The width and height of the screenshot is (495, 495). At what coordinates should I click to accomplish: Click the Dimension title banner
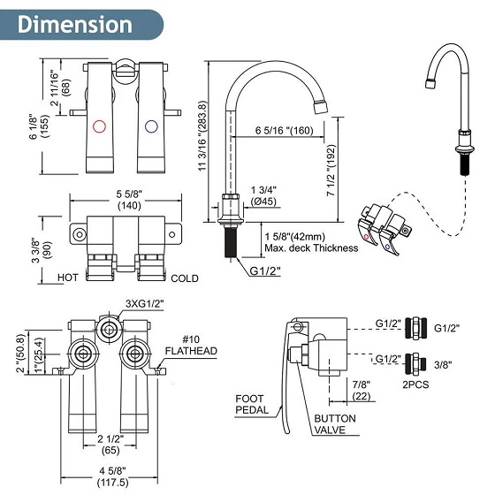point(81,25)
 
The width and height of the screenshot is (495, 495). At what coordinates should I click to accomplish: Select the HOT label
point(67,278)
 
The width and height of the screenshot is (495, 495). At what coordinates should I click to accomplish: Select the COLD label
point(185,278)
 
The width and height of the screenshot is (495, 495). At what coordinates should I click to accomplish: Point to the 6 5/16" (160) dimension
point(284,131)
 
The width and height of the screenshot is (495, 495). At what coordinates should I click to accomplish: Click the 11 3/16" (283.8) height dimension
point(202,136)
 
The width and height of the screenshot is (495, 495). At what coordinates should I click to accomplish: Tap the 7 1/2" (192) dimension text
point(331,171)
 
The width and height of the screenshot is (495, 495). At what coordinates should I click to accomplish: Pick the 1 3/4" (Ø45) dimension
point(263,195)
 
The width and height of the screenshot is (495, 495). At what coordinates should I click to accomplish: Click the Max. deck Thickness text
point(311,248)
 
